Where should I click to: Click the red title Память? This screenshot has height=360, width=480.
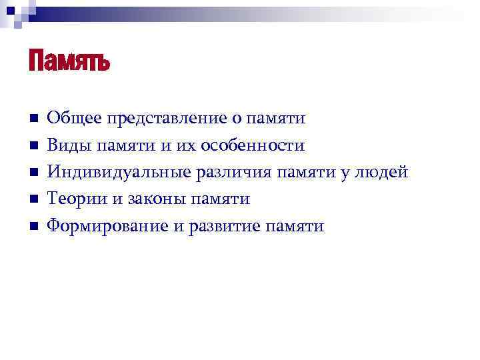[69, 62]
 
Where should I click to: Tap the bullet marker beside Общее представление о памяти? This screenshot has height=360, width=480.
[32, 119]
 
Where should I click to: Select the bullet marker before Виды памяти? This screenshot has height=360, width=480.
[32, 145]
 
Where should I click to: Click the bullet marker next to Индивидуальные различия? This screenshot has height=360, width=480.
[32, 173]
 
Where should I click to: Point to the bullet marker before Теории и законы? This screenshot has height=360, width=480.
[32, 199]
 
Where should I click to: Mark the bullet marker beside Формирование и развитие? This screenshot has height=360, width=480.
[32, 227]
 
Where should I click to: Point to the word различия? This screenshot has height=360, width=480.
[232, 173]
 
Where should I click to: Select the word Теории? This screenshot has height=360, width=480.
[75, 199]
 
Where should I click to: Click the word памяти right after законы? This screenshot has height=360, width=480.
[220, 199]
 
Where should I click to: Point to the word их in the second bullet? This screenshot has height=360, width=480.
[189, 145]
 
